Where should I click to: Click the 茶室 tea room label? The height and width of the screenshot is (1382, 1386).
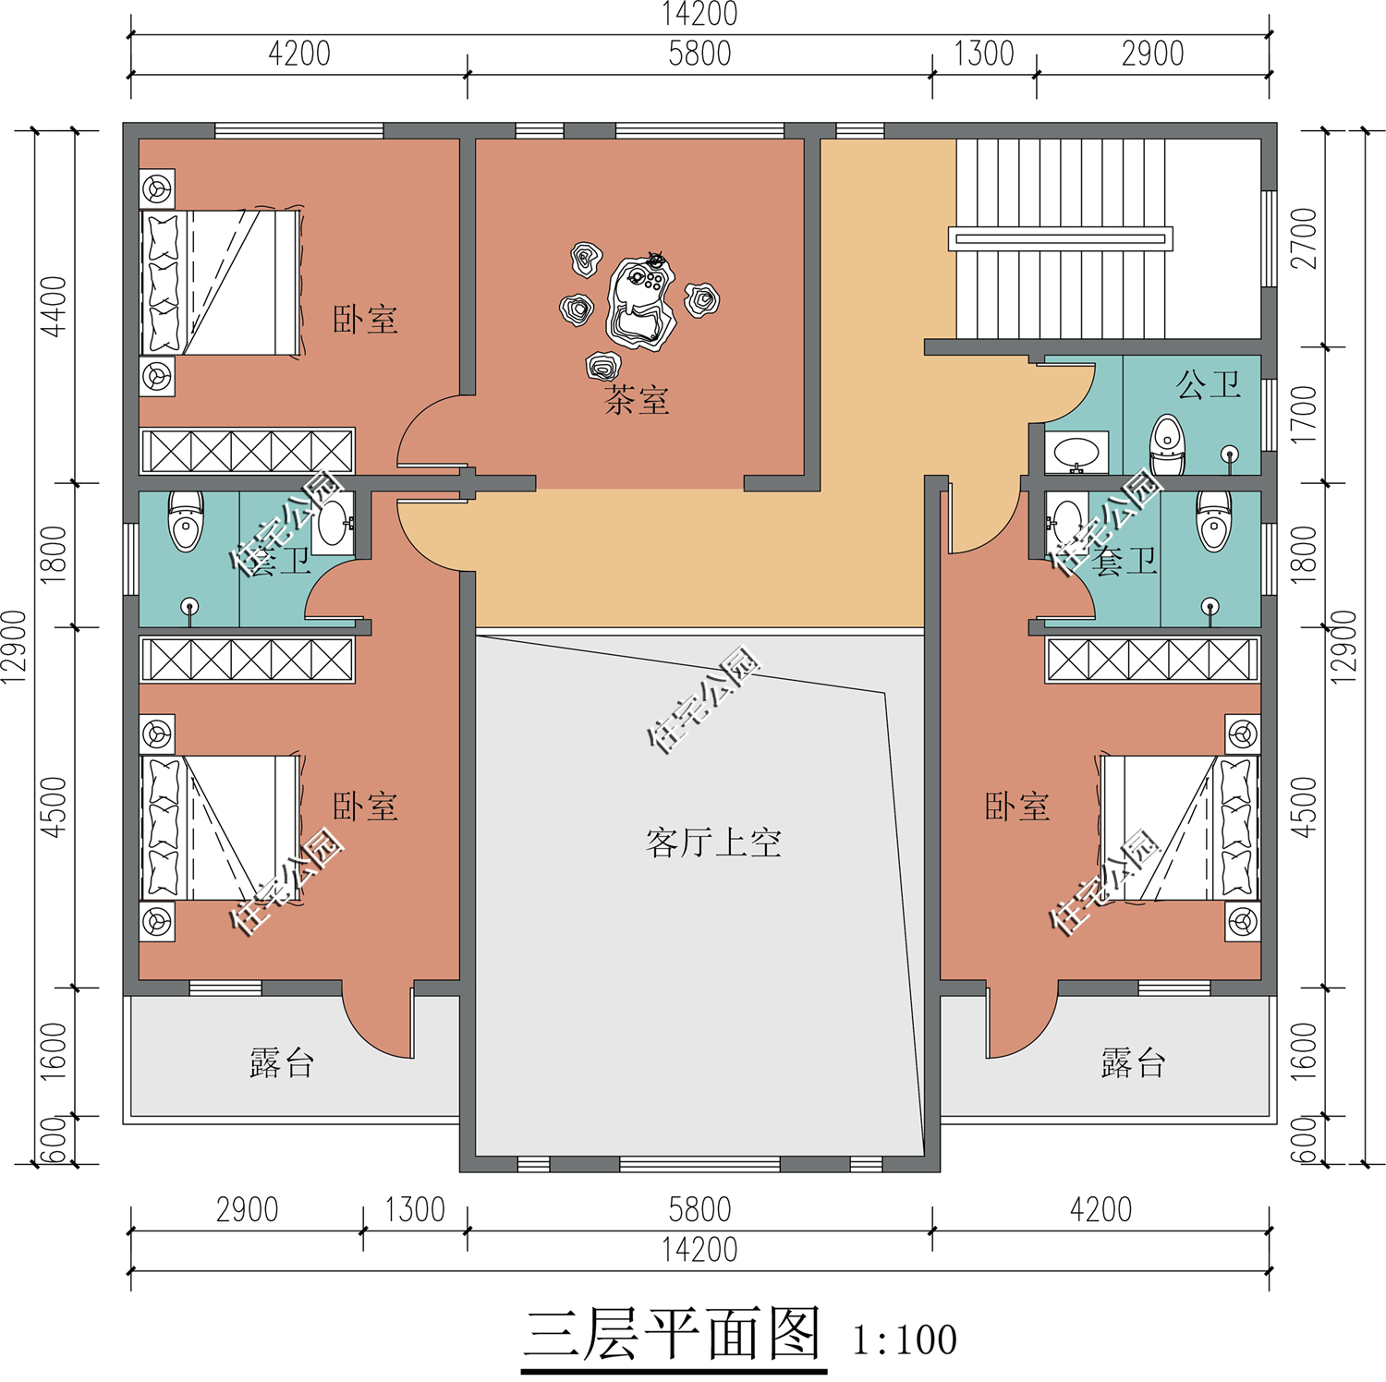pyautogui.click(x=637, y=400)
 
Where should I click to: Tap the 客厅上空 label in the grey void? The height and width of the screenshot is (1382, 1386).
pyautogui.click(x=713, y=843)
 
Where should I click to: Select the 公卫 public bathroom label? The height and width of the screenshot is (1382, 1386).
pyautogui.click(x=1209, y=384)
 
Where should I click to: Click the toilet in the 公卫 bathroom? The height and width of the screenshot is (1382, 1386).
pyautogui.click(x=1167, y=444)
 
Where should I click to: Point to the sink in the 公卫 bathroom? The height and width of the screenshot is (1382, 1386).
pyautogui.click(x=1076, y=453)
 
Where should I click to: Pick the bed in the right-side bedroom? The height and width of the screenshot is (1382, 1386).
pyautogui.click(x=1180, y=828)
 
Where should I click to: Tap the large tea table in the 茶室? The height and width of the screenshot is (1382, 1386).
pyautogui.click(x=640, y=302)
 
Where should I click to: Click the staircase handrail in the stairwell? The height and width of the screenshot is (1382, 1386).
pyautogui.click(x=1061, y=238)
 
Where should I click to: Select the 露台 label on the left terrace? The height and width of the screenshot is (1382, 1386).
pyautogui.click(x=282, y=1063)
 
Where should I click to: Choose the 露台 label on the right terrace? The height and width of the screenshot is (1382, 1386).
pyautogui.click(x=1133, y=1063)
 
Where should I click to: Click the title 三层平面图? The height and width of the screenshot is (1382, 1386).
pyautogui.click(x=673, y=1336)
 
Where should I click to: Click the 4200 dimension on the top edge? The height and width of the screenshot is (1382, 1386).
pyautogui.click(x=299, y=54)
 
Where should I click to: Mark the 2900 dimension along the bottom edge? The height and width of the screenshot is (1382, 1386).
pyautogui.click(x=247, y=1209)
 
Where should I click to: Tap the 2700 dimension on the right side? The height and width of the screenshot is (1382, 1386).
pyautogui.click(x=1303, y=238)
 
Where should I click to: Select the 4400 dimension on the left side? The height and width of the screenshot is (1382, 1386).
pyautogui.click(x=54, y=307)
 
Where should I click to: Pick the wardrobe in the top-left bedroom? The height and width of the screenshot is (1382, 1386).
pyautogui.click(x=247, y=452)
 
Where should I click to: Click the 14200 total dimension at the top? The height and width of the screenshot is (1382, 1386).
pyautogui.click(x=699, y=14)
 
